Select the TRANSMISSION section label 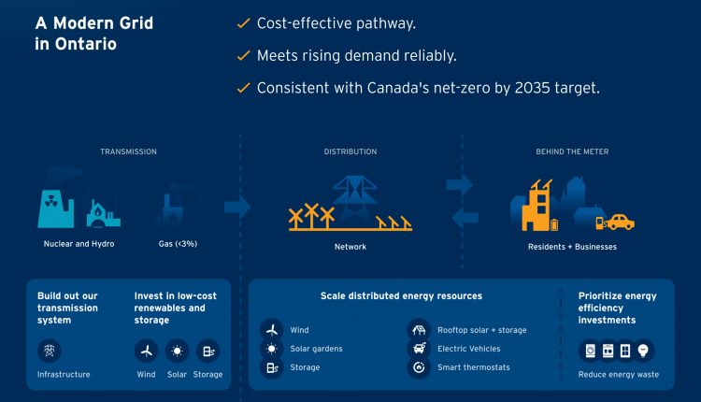point(128,151)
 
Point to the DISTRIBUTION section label point(350,151)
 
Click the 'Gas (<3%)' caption point(178,245)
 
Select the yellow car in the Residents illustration point(619,222)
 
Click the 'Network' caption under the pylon point(350,247)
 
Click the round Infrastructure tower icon point(49,351)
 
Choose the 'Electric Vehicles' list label point(468,349)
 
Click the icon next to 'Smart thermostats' point(420,367)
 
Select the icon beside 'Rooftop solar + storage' point(420,330)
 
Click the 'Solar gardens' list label point(316,349)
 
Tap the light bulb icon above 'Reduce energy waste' point(645,351)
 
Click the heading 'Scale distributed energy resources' point(402,296)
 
